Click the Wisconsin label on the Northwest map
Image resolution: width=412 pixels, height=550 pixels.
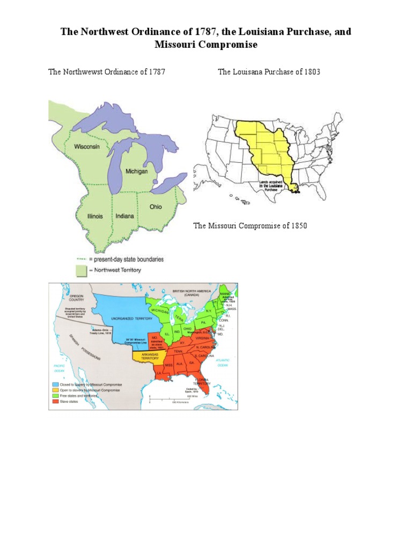point(86,146)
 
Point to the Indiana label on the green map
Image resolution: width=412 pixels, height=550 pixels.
point(124,216)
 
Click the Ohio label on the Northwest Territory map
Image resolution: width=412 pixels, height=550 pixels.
point(156,206)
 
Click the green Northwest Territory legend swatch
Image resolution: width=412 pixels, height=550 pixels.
point(80,270)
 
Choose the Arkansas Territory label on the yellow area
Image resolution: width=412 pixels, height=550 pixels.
point(146,357)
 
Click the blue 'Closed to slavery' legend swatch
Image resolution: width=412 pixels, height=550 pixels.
point(55,385)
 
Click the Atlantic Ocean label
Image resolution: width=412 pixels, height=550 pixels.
point(223,363)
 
